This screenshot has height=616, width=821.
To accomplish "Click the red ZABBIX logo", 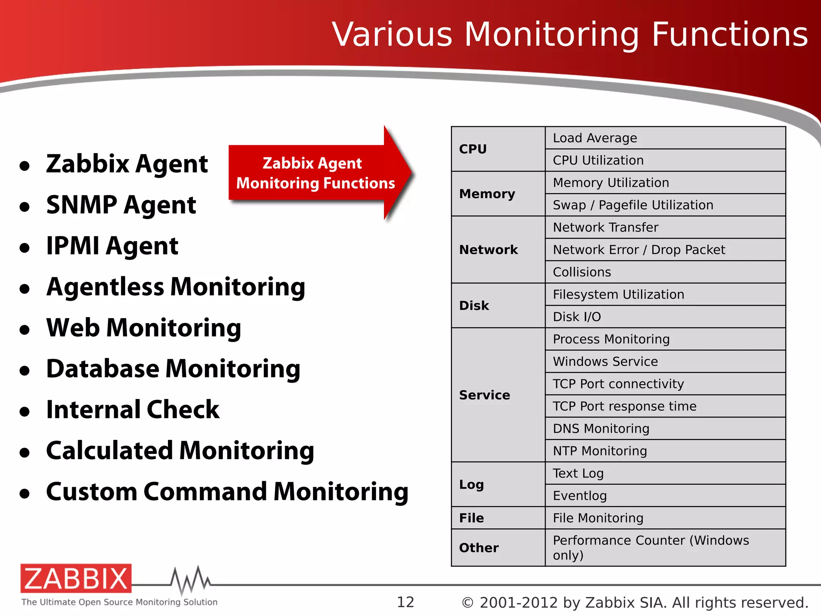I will (76, 578).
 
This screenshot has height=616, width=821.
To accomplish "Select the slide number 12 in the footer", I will (405, 602).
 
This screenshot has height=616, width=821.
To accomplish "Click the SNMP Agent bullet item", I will (121, 205).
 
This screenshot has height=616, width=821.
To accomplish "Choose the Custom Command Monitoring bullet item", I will (227, 492).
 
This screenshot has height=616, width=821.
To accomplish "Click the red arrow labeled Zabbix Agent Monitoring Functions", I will (317, 173).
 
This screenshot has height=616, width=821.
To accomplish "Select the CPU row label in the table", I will (473, 149).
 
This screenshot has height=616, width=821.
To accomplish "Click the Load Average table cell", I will (595, 138).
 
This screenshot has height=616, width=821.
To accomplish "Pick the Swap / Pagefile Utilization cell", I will (633, 205).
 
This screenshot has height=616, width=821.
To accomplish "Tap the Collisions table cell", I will (582, 272).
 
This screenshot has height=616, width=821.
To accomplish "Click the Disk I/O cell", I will (577, 317).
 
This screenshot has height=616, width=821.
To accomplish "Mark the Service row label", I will (485, 395).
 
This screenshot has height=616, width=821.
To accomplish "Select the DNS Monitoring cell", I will (601, 429).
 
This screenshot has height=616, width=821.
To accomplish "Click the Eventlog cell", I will (580, 496).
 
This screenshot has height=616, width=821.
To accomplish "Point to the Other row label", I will (479, 548).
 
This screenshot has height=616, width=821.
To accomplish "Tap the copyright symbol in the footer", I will (467, 603).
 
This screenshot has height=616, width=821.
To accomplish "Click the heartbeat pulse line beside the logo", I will (190, 580).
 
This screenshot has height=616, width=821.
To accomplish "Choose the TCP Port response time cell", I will (625, 406).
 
